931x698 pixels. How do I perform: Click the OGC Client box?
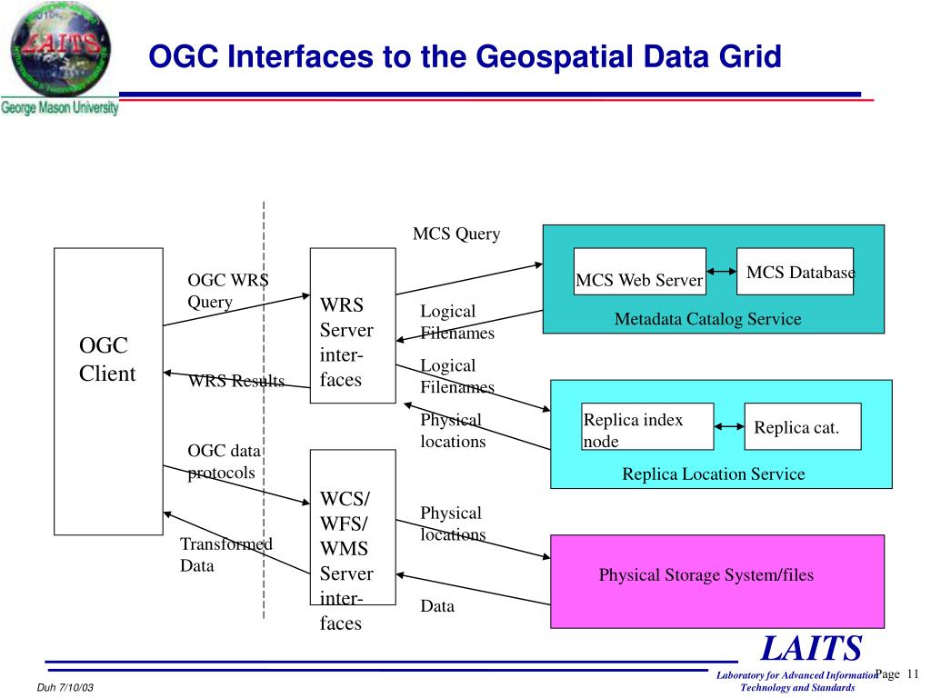coord(108,391)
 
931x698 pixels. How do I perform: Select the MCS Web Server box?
coord(639,272)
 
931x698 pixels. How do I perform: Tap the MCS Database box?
coord(795,271)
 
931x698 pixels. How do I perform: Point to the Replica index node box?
coord(647,426)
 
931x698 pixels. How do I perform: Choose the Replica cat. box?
coord(802,426)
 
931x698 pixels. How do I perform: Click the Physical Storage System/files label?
coord(706,575)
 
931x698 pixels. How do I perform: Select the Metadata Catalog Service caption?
coord(707,319)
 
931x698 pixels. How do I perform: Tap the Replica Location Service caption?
coord(713,474)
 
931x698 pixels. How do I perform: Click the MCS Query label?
coord(456,234)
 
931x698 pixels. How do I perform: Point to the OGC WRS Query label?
coord(227,291)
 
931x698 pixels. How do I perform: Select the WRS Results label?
coord(236,382)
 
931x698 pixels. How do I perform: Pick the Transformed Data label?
coord(225,554)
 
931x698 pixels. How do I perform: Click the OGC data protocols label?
coord(224,462)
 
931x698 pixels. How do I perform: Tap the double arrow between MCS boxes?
coord(721,272)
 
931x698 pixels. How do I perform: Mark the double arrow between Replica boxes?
coord(729,426)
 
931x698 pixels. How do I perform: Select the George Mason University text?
coord(60,108)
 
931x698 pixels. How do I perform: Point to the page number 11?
coord(914,673)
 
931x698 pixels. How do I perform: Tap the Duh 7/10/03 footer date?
coord(65,687)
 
